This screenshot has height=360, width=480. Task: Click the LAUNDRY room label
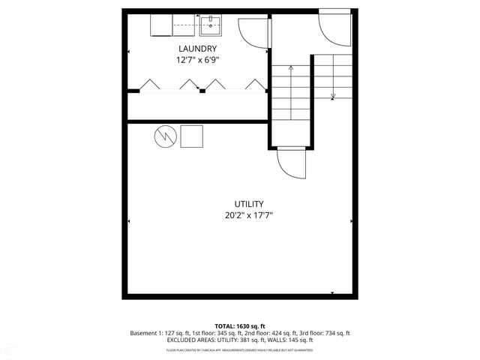(197, 49)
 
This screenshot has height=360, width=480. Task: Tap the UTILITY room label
(248, 204)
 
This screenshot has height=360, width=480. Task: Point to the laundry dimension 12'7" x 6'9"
(197, 59)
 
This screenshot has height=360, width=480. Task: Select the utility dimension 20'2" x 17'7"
(248, 214)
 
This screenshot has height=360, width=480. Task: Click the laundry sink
(210, 25)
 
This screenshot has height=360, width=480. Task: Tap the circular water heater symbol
(165, 136)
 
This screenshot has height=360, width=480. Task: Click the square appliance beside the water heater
(192, 136)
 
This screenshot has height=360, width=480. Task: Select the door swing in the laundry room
(250, 29)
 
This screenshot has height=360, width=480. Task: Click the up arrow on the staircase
(291, 71)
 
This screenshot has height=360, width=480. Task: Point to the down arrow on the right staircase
(333, 94)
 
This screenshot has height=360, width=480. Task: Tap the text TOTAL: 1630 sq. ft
(240, 326)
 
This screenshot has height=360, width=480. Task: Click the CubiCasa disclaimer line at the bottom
(240, 349)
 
